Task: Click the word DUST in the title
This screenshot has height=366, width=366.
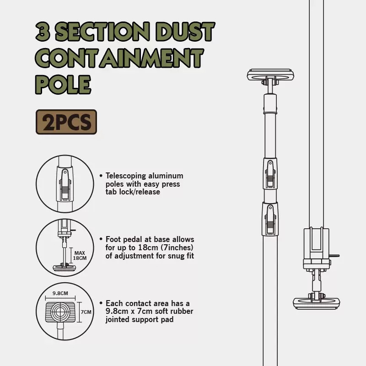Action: click(x=185, y=32)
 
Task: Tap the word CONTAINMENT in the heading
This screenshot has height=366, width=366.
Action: click(x=119, y=58)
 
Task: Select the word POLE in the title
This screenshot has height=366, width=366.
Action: click(x=63, y=85)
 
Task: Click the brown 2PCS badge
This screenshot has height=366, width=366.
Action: click(x=66, y=122)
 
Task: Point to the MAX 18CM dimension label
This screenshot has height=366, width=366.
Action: click(x=80, y=256)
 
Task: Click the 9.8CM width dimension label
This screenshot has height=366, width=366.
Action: click(x=60, y=293)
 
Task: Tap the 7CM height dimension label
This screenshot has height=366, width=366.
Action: click(x=86, y=312)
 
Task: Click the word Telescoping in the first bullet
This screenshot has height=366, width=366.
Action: click(x=125, y=176)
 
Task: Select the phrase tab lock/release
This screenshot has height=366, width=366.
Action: click(x=133, y=192)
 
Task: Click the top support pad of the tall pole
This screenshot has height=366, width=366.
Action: click(x=270, y=75)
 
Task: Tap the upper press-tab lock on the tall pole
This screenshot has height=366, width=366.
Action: click(x=270, y=173)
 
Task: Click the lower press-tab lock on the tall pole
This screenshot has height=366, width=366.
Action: click(x=270, y=219)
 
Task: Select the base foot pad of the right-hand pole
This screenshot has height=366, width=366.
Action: click(x=316, y=303)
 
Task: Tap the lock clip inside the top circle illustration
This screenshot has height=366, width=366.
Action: click(x=65, y=184)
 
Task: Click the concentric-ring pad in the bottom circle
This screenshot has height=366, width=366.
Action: click(x=60, y=312)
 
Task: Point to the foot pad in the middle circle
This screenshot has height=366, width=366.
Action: click(x=65, y=268)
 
